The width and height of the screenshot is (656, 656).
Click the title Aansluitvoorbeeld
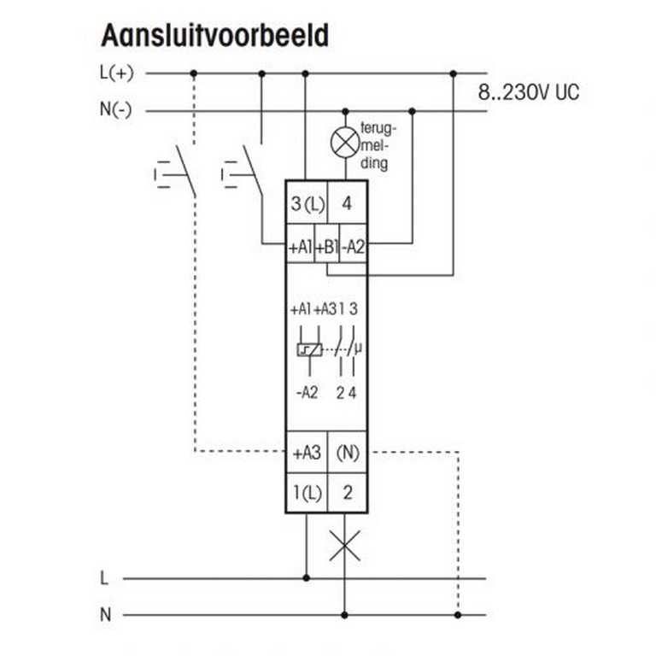point(214,36)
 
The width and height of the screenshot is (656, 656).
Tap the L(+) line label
point(117,73)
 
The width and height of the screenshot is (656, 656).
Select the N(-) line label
point(117,110)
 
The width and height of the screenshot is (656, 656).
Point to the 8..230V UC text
point(529,92)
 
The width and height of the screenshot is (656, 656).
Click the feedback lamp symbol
point(345,143)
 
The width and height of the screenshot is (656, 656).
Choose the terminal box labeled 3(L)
point(307,204)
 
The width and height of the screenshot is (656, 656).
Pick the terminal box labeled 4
point(347,204)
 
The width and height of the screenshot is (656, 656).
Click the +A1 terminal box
point(301,249)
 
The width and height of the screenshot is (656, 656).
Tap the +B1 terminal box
point(327,249)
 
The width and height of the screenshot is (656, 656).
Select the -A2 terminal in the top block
point(354,249)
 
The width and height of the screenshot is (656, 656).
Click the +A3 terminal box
point(307,453)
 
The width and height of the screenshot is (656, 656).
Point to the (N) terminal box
point(347,453)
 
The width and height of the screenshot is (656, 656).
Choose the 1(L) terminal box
point(307,493)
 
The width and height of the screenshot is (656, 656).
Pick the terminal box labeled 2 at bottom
point(347,493)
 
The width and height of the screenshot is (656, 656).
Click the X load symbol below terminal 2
point(345,545)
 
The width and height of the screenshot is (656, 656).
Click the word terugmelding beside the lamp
point(377,146)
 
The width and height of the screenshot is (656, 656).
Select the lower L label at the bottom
point(105,578)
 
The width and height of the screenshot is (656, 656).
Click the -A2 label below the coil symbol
point(307,394)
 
